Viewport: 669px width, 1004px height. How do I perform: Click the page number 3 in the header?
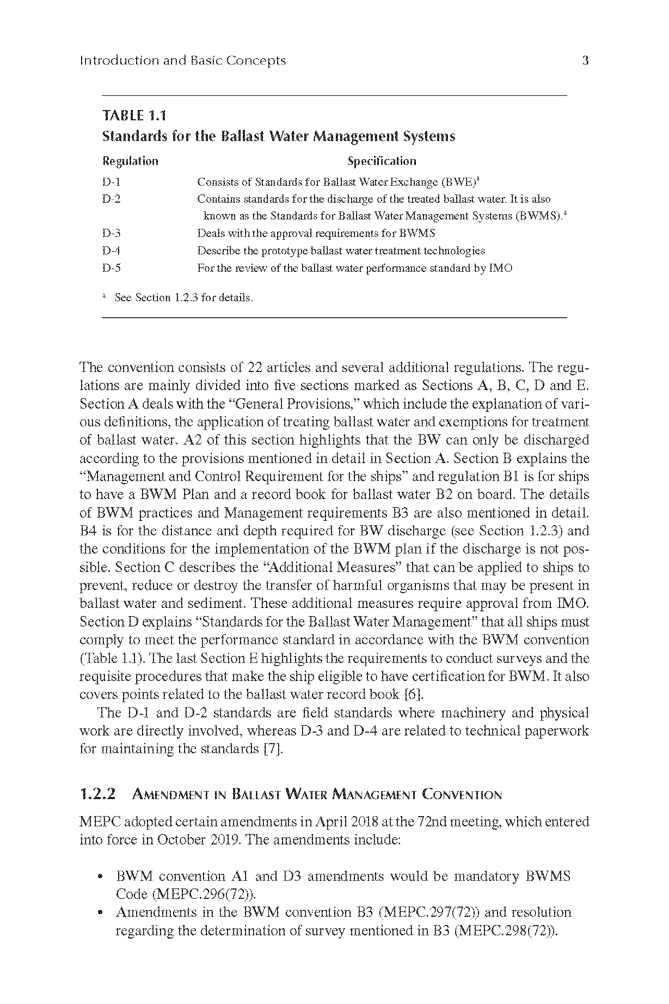coord(585,60)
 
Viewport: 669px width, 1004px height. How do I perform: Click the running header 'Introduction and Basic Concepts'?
coord(182,60)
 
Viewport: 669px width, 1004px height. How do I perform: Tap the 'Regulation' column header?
coord(130,161)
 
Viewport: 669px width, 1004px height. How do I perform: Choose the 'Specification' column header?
coord(382,161)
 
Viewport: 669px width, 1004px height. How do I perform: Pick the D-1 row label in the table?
coord(111,182)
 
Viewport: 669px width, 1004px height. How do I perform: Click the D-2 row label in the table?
coord(111,199)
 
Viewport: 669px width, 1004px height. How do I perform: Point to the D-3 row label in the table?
coord(111,234)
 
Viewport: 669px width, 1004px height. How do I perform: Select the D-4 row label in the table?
coord(111,251)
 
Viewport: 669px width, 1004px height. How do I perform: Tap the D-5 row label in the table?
coord(111,268)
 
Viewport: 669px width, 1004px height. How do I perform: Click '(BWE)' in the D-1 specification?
coord(461,182)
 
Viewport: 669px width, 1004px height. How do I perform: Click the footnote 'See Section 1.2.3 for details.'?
coord(184,298)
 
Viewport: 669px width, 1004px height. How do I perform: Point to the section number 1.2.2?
coord(97,794)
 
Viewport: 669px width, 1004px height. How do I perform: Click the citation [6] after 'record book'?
coord(414,695)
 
